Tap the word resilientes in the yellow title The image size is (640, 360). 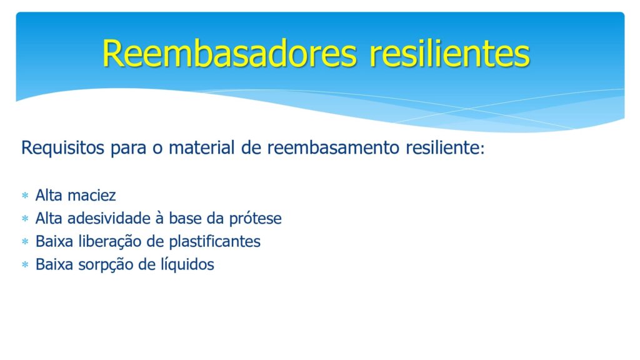[449, 54]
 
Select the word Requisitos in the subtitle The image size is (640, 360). [63, 148]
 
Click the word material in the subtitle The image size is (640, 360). [202, 147]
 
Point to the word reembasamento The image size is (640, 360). [333, 147]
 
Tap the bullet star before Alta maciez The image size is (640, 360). [25, 196]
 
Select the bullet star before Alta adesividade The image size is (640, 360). [25, 219]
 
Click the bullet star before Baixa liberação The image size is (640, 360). [25, 242]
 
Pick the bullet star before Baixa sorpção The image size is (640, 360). [25, 265]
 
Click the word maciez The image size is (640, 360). [92, 196]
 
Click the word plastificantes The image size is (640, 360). [215, 242]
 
